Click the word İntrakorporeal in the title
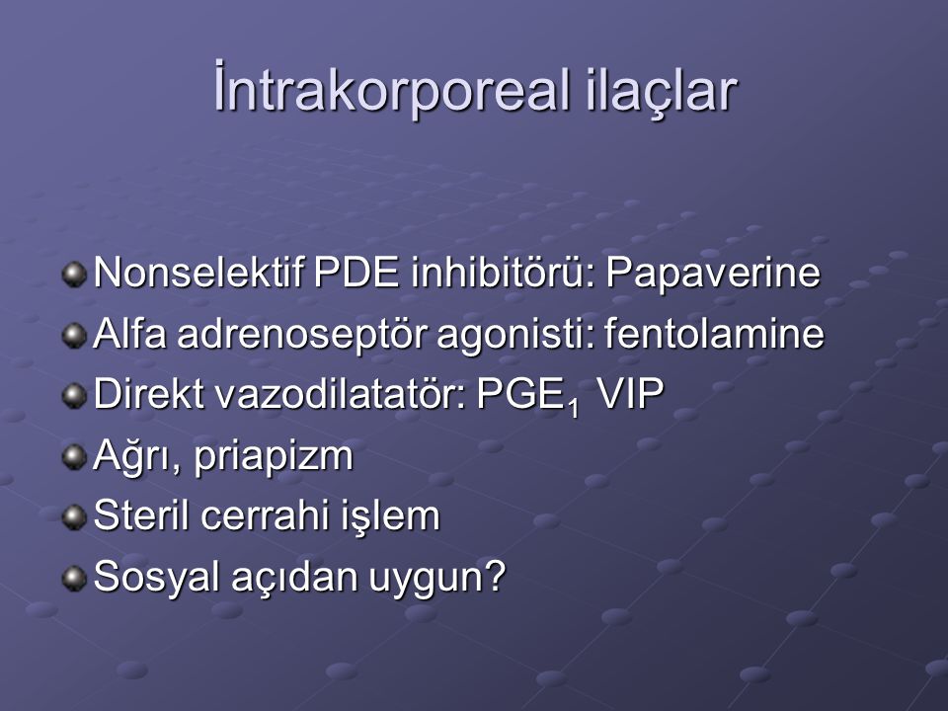(393, 90)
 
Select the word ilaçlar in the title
(662, 90)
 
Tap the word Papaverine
(713, 274)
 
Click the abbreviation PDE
(356, 273)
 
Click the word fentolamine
(714, 333)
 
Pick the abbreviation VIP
(630, 394)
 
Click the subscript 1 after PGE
(573, 408)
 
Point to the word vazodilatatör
(340, 394)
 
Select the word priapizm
(274, 456)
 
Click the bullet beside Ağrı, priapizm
(74, 457)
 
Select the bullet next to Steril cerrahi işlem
(74, 517)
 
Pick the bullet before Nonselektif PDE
(74, 275)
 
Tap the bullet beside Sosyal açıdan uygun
(74, 578)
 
